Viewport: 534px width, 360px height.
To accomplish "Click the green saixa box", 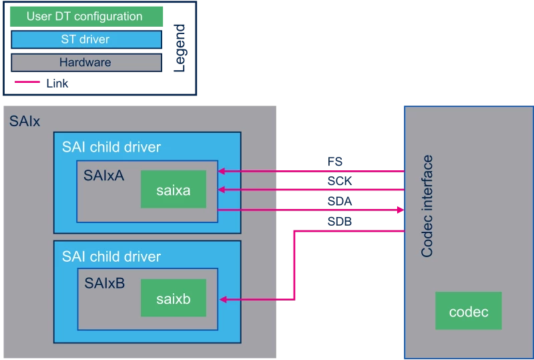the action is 174,189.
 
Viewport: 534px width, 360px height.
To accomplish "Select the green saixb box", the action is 174,298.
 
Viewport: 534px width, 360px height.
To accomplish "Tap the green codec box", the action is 469,311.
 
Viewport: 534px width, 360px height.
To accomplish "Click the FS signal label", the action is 335,161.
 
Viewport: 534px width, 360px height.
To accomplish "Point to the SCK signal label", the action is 340,181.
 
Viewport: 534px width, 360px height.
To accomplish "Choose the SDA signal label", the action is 340,201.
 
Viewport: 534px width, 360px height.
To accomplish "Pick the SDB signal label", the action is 340,222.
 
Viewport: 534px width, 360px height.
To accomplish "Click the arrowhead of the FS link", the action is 222,171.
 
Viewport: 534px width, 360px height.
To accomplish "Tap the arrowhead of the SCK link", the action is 222,190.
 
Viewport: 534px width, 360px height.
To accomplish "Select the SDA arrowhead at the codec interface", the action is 400,210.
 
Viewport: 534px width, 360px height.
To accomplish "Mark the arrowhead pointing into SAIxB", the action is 223,300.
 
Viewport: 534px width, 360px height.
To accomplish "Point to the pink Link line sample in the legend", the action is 27,81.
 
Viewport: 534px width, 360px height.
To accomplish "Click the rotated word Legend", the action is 179,48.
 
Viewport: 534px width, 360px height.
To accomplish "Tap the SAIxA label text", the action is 104,176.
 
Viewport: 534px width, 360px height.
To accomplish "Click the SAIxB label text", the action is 105,283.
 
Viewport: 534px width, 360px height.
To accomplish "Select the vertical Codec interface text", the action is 427,206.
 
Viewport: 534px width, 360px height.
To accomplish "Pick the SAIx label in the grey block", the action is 25,121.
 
